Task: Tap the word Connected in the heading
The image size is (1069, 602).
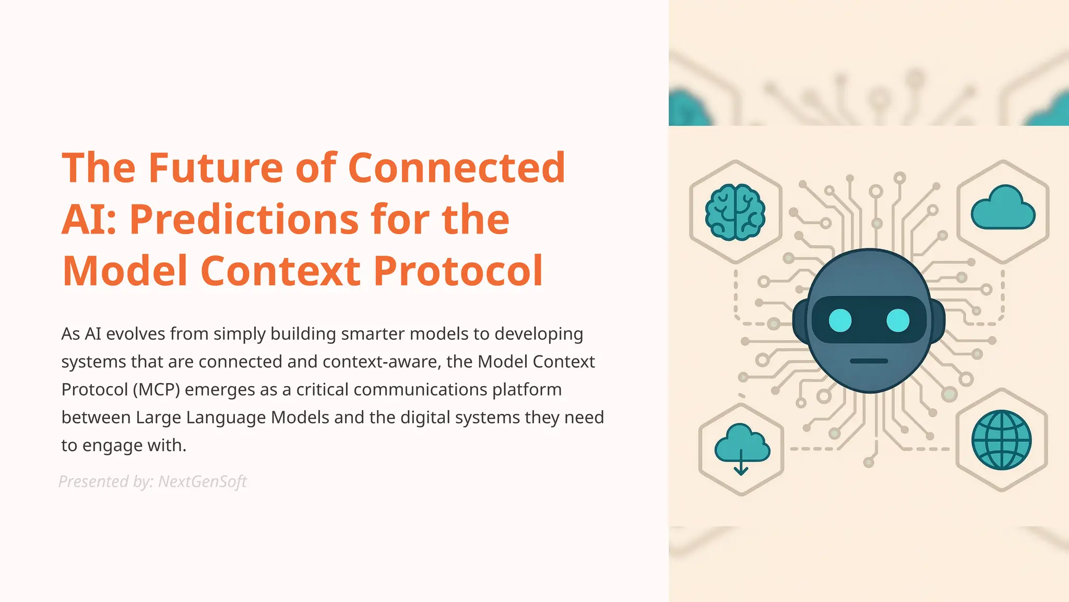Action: (456, 168)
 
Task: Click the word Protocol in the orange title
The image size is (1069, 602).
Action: (458, 271)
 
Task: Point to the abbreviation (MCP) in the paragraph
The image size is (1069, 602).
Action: (156, 390)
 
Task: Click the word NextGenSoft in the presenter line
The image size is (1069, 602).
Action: (202, 481)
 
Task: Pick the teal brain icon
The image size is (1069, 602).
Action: (735, 213)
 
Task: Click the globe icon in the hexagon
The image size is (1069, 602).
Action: (1001, 439)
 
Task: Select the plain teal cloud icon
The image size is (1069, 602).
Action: (1003, 209)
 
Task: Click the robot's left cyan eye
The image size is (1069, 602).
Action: (840, 320)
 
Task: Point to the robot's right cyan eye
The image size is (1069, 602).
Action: (898, 320)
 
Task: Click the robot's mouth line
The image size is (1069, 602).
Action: (869, 361)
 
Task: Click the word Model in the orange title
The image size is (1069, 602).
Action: (125, 271)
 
